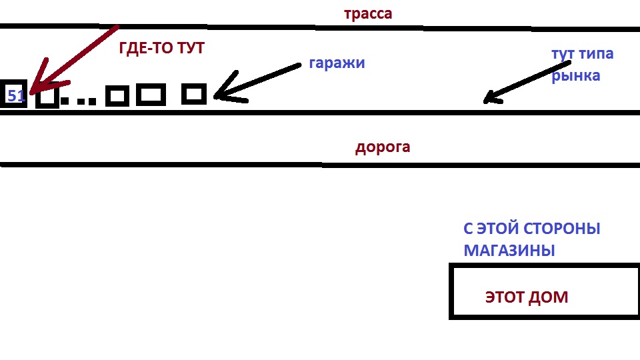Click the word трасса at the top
click(x=368, y=14)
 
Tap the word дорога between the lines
click(x=382, y=147)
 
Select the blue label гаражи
click(x=337, y=63)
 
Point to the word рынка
click(x=575, y=75)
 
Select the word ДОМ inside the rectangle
click(x=548, y=297)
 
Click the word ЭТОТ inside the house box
click(x=504, y=297)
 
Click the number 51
click(x=15, y=96)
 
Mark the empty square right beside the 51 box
click(x=47, y=97)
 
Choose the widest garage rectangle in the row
click(x=151, y=95)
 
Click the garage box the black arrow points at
click(x=194, y=94)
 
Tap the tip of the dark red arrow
click(x=30, y=92)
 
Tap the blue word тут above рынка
click(x=564, y=54)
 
